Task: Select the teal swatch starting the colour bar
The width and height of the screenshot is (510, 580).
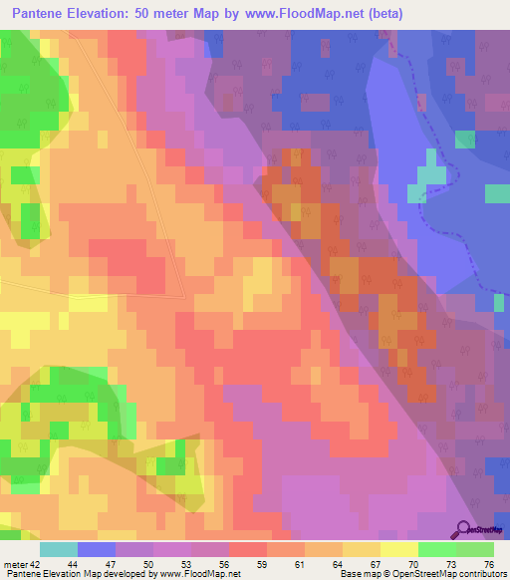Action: tap(59, 549)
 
